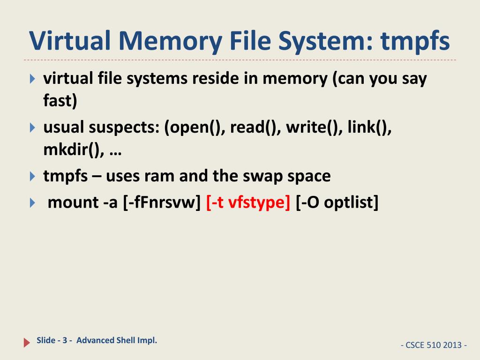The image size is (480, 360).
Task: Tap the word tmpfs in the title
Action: [415, 41]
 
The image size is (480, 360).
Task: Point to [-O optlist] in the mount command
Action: [337, 202]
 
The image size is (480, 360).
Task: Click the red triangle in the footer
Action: [27, 343]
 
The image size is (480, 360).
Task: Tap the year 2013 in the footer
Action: [451, 345]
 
